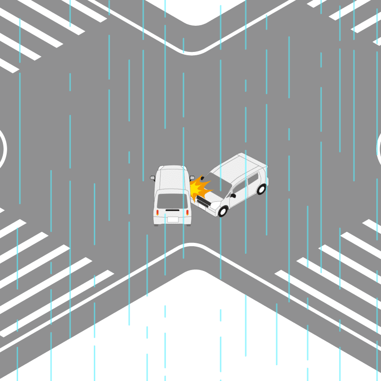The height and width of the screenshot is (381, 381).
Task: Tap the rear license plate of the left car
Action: pos(172,220)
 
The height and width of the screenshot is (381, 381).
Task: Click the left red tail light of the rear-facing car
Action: pos(157,212)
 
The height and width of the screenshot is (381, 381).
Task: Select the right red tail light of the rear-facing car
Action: pos(188,212)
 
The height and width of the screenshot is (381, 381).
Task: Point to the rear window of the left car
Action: pos(172,201)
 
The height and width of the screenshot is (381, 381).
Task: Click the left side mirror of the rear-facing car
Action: pos(153,178)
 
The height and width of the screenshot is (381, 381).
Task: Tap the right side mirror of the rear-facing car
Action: pos(192,178)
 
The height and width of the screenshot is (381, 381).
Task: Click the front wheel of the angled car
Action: pos(223,211)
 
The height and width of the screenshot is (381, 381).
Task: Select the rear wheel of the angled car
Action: pos(261,189)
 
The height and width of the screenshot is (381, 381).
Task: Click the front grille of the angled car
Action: pos(203,202)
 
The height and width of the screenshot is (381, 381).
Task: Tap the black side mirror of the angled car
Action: pos(233,195)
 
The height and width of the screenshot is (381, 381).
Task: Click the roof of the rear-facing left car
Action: pos(172,179)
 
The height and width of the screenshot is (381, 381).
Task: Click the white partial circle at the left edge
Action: pos(3,148)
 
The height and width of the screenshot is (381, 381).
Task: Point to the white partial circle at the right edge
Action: pos(379,148)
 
